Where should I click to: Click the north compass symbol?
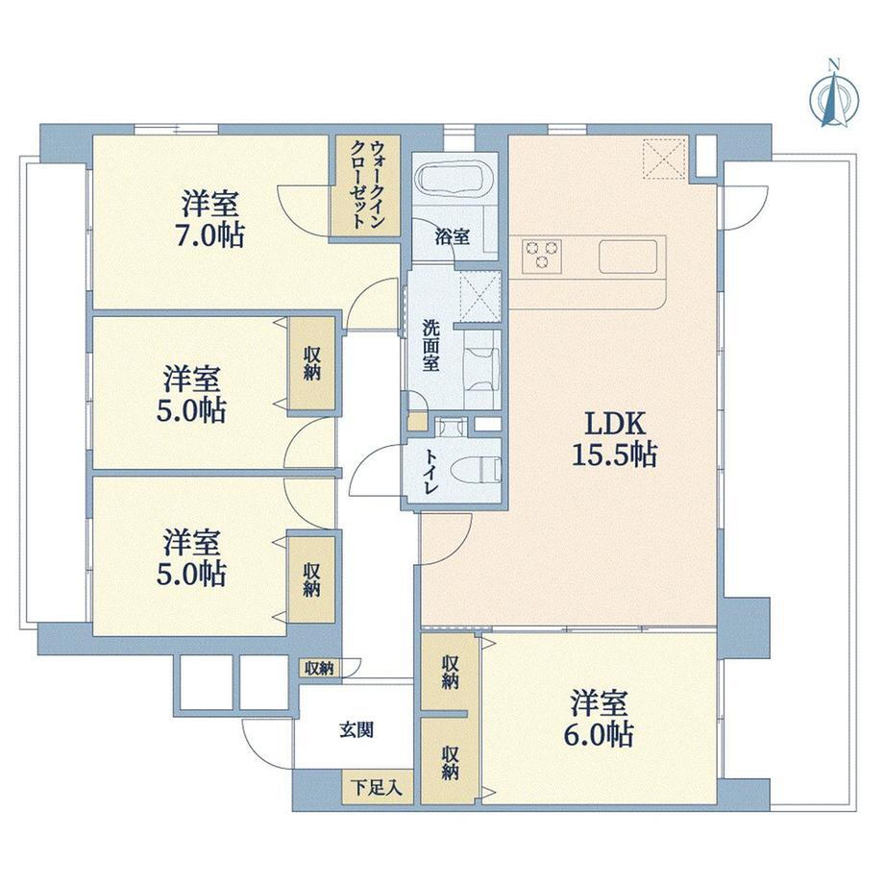pos(832,97)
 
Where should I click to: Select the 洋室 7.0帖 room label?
pos(210,219)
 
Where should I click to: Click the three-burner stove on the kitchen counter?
pos(542,256)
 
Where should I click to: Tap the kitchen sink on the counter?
pos(629,257)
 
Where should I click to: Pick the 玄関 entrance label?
pos(356,729)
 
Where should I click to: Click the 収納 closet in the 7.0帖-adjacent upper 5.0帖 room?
pos(312,364)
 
